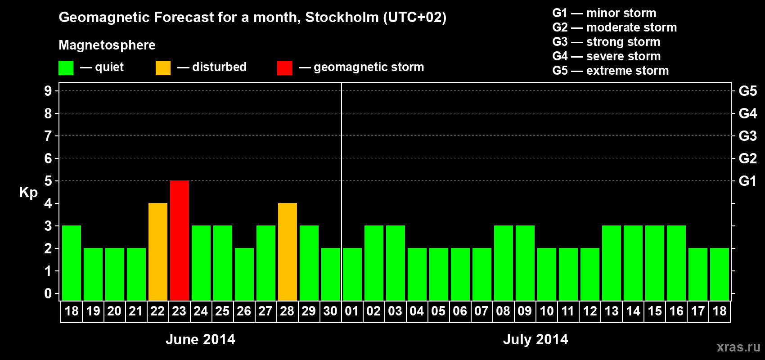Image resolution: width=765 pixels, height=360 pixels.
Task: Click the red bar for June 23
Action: click(x=180, y=241)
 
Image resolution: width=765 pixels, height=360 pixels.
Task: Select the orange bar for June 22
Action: click(x=158, y=252)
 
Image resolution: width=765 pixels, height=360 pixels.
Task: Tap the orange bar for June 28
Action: click(x=288, y=252)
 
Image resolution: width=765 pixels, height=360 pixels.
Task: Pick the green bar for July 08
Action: click(x=504, y=263)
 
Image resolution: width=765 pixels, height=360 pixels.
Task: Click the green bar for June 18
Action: click(x=72, y=263)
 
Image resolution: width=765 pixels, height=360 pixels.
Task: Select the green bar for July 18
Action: click(x=720, y=274)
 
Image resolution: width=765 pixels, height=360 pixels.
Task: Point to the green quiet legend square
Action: click(x=66, y=68)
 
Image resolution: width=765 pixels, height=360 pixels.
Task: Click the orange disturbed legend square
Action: click(x=163, y=68)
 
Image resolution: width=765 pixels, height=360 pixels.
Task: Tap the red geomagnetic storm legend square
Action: click(x=284, y=68)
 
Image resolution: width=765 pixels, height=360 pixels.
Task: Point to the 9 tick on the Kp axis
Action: click(x=48, y=91)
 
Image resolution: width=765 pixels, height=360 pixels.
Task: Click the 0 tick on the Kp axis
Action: click(x=48, y=294)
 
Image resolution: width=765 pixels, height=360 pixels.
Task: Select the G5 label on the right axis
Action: click(x=747, y=91)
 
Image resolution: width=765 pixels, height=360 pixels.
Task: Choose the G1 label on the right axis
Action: click(x=747, y=181)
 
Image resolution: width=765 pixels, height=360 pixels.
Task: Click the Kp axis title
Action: click(x=28, y=193)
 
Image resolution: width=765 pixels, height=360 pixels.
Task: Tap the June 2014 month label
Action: click(x=200, y=339)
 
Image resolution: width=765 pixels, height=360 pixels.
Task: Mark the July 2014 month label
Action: click(x=535, y=339)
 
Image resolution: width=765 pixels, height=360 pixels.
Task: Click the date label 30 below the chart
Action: click(x=330, y=311)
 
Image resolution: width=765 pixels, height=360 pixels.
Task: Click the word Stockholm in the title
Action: click(x=342, y=18)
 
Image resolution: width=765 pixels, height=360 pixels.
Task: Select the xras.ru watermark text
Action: click(x=738, y=347)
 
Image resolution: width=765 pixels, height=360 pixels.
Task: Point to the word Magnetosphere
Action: click(x=107, y=45)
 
